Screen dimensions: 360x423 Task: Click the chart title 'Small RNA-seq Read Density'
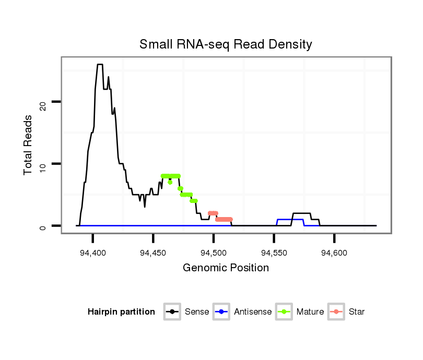tap(226, 44)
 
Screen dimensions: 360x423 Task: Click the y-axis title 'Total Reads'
tap(29, 145)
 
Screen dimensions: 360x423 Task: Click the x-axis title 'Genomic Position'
tap(226, 268)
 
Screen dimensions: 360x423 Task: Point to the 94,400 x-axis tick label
tap(93, 253)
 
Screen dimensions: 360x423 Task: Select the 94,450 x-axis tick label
tap(153, 253)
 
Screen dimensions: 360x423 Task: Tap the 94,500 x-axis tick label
tap(214, 253)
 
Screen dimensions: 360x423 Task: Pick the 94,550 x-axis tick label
tap(274, 253)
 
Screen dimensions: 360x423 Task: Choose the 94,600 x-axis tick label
tap(334, 253)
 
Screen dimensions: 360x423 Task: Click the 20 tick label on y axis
tap(44, 105)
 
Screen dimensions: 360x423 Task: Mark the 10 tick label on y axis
tap(44, 166)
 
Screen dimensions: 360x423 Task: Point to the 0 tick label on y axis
tap(44, 227)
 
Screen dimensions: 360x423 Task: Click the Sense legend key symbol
tap(172, 312)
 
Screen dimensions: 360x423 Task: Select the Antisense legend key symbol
tap(221, 312)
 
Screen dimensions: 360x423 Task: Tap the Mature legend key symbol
tap(284, 312)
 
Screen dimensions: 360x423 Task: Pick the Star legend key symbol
tap(336, 312)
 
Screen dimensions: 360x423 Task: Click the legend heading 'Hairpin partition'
tap(121, 312)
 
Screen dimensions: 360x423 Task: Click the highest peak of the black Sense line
tap(100, 64)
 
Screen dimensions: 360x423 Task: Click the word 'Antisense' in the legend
tap(253, 312)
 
